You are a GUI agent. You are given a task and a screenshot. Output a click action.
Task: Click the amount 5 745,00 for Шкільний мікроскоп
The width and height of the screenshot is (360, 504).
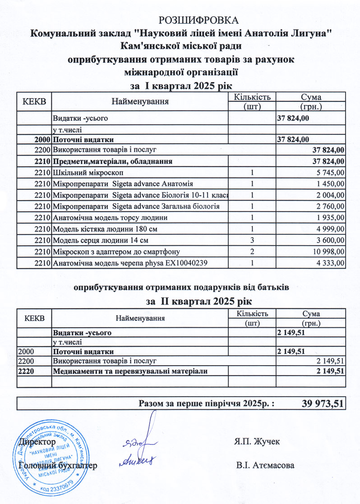pyautogui.click(x=331, y=173)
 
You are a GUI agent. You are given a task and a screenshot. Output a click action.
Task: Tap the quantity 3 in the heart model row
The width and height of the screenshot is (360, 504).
pyautogui.click(x=253, y=240)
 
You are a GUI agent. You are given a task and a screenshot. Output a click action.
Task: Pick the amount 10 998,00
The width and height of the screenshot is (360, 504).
pyautogui.click(x=328, y=252)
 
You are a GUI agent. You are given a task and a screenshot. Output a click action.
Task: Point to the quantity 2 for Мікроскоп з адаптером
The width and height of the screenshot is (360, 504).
pyautogui.click(x=253, y=252)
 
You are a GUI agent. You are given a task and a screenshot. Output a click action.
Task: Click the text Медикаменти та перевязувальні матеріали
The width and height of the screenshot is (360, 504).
pyautogui.click(x=131, y=371)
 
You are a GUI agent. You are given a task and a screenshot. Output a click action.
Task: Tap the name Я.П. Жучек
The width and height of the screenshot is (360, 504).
pyautogui.click(x=258, y=440)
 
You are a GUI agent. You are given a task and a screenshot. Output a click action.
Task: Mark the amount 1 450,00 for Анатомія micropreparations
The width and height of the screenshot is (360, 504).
pyautogui.click(x=331, y=184)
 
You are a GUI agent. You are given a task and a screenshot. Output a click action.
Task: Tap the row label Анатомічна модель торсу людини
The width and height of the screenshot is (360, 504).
pyautogui.click(x=111, y=218)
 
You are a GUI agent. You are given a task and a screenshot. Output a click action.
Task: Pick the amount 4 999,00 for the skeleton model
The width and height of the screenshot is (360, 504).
pyautogui.click(x=331, y=229)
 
